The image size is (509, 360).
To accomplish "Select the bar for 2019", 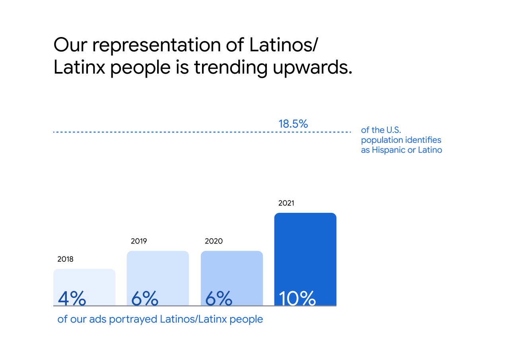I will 158,270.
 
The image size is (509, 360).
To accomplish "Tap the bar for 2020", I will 232,270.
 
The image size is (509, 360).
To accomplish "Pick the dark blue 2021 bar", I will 305,251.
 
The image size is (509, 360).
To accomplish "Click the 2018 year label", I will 65,259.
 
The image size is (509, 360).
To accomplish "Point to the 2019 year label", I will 139,241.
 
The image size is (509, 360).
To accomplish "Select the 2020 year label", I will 214,241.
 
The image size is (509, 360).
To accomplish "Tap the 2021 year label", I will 286,203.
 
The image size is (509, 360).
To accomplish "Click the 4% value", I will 72,298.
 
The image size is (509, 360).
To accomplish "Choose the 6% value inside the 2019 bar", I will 145,298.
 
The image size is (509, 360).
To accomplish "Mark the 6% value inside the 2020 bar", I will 219,298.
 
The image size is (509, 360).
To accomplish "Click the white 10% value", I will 297,298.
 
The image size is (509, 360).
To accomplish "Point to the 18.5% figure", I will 293,124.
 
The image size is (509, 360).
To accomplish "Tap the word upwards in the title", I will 312,68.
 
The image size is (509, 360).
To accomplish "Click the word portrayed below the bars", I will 134,319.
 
